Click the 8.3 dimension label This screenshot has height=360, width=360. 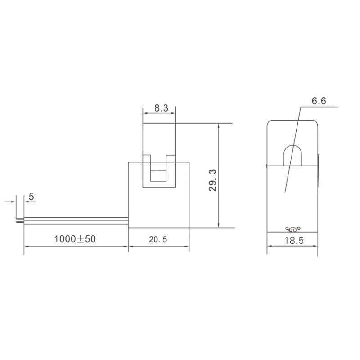[161, 108]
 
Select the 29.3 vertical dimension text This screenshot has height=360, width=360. [212, 180]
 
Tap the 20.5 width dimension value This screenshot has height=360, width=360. [158, 239]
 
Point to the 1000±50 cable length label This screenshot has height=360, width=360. [75, 239]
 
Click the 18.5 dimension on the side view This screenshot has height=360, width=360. [294, 241]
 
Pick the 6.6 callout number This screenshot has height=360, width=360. [319, 101]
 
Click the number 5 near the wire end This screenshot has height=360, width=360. [31, 197]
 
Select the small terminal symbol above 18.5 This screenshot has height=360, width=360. [293, 229]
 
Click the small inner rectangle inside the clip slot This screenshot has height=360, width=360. [158, 176]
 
